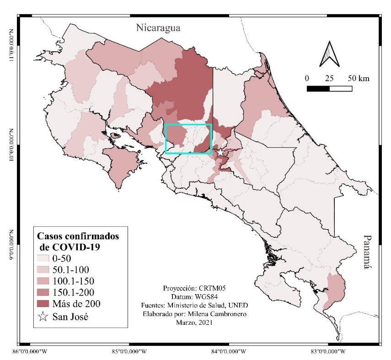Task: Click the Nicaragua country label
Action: tap(158, 28)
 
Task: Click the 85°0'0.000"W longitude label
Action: tap(129, 352)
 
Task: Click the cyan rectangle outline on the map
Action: tap(188, 124)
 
